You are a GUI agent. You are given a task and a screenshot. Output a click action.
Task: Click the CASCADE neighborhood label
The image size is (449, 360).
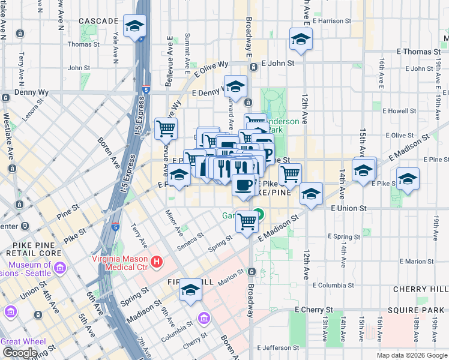click(x=98, y=21)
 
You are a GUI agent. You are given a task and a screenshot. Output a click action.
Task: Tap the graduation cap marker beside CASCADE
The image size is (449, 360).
click(x=135, y=26)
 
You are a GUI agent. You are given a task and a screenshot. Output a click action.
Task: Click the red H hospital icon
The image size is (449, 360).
click(x=157, y=262)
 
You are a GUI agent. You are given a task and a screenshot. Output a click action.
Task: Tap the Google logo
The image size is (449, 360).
click(x=20, y=353)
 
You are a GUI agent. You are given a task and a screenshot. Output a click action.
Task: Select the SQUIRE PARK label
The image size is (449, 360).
click(x=418, y=310)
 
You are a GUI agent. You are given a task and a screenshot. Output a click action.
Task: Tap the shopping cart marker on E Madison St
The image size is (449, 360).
click(x=247, y=221)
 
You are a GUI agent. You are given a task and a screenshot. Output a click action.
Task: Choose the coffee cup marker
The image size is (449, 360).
click(x=243, y=185)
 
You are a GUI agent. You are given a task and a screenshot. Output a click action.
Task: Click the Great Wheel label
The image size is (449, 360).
click(x=23, y=341)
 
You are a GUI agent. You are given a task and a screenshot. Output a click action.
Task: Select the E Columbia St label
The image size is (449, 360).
click(x=338, y=286)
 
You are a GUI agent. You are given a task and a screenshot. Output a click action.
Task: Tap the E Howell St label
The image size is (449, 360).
click(x=399, y=111)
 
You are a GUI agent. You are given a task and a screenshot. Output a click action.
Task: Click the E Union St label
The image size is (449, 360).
click(x=349, y=208)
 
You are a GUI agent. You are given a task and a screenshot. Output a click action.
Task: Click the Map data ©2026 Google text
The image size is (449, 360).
click(x=412, y=355)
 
